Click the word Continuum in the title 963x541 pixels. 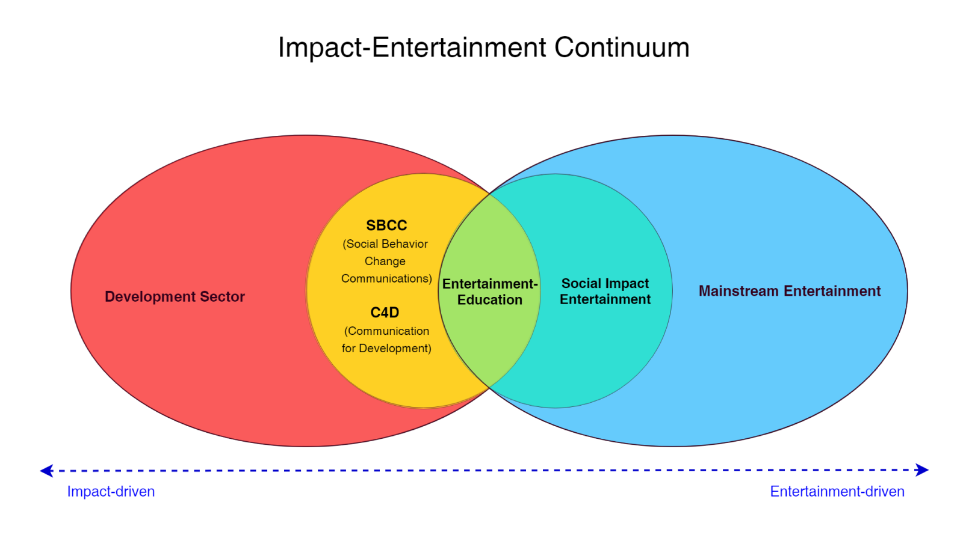point(622,47)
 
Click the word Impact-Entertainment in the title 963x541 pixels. point(412,48)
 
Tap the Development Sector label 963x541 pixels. point(175,297)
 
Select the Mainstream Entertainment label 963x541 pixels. point(790,291)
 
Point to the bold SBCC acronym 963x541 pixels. point(386,225)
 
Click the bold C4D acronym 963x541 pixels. point(385,313)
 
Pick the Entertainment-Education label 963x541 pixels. point(490,292)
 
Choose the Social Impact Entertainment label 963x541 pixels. point(605,291)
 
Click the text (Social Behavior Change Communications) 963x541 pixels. point(386,261)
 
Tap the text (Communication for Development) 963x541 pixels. point(386,340)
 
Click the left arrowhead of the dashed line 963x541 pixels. point(46,471)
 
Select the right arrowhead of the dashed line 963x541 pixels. point(921,470)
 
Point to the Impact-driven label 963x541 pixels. point(111,492)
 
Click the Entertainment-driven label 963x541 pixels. point(837,492)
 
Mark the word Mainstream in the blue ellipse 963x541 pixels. point(739,291)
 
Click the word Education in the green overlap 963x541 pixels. point(490,300)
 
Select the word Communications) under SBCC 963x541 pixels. point(386,279)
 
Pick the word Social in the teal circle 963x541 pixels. point(579,283)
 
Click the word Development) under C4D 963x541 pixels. point(395,348)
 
